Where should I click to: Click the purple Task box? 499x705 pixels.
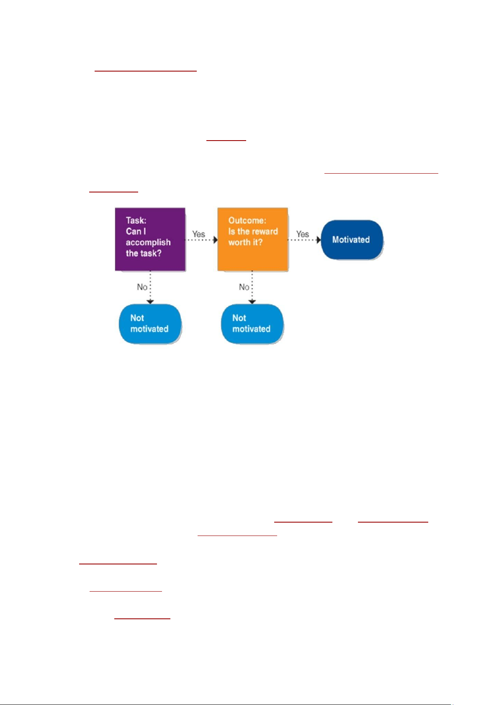click(150, 239)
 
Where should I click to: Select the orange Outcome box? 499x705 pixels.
click(252, 239)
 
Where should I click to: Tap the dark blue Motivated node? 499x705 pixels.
click(352, 240)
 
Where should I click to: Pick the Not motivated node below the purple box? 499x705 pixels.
click(150, 323)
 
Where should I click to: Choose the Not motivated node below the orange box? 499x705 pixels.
click(252, 323)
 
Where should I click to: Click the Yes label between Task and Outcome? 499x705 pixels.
click(199, 234)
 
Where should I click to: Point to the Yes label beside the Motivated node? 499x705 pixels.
click(303, 234)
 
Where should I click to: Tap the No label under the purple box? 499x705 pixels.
click(142, 287)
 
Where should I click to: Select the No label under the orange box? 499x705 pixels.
click(244, 287)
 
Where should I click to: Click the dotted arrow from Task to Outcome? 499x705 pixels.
click(201, 240)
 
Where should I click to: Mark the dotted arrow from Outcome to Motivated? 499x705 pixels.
click(304, 240)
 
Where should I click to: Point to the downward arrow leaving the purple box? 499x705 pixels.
click(150, 287)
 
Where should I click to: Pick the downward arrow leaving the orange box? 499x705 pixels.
click(252, 287)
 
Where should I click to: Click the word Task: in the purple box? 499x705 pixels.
click(136, 220)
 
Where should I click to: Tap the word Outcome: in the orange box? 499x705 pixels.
click(247, 220)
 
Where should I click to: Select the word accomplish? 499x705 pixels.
click(148, 243)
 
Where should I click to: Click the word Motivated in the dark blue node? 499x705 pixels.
click(351, 240)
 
